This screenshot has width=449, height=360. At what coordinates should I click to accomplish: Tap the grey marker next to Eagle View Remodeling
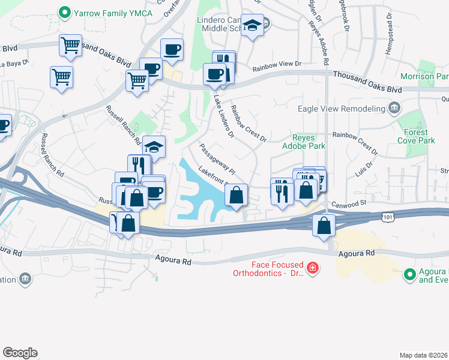click(394, 108)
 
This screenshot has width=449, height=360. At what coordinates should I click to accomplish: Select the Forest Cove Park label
click(412, 136)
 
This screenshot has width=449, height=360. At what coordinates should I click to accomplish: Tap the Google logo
click(20, 353)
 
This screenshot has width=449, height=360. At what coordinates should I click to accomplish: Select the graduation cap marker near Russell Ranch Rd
click(154, 146)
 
